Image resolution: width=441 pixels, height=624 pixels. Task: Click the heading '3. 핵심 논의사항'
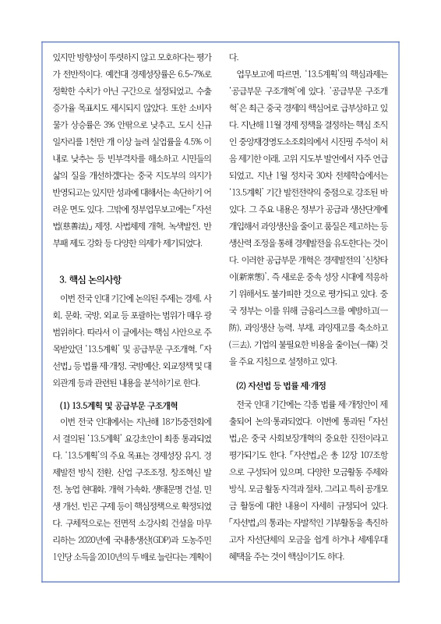click(x=90, y=279)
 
